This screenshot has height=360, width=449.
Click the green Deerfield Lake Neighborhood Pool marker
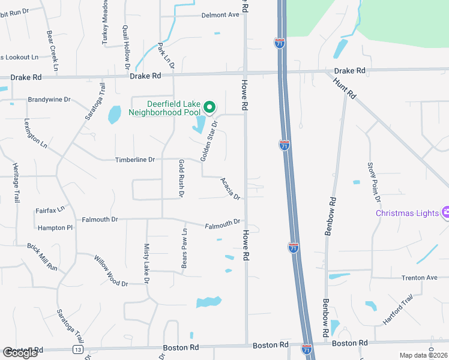pyautogui.click(x=209, y=107)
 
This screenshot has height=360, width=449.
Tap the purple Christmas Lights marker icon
pyautogui.click(x=445, y=212)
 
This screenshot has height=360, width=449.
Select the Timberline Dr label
pyautogui.click(x=135, y=160)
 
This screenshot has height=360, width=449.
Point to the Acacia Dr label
pyautogui.click(x=230, y=188)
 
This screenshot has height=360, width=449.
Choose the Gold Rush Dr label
pyautogui.click(x=181, y=178)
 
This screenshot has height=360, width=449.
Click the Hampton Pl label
pyautogui.click(x=55, y=228)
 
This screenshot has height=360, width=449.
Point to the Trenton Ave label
pyautogui.click(x=420, y=278)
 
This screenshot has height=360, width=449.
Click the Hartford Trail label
pyautogui.click(x=398, y=310)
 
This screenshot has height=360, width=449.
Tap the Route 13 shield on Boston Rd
pyautogui.click(x=78, y=349)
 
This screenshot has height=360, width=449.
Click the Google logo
pyautogui.click(x=20, y=353)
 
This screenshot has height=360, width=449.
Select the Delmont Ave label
pyautogui.click(x=220, y=15)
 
